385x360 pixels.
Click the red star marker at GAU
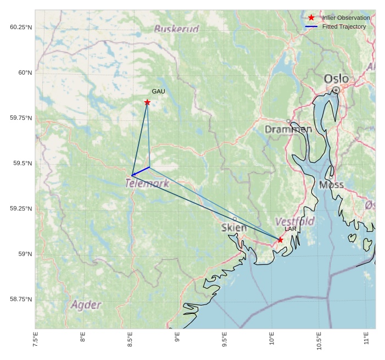[x=147, y=102]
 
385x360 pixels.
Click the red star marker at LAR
[x=280, y=240]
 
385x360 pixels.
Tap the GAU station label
[x=158, y=91]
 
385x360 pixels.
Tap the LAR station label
[x=291, y=229]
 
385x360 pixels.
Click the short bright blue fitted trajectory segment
[x=141, y=171]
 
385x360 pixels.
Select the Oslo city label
[x=336, y=79]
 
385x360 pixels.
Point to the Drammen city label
[x=288, y=130]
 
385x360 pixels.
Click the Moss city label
[x=331, y=185]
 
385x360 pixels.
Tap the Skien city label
[x=234, y=228]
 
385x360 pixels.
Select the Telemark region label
[x=147, y=184]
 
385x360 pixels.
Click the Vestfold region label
[x=294, y=221]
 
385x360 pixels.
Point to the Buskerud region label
[x=176, y=29]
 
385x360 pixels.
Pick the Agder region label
[x=86, y=304]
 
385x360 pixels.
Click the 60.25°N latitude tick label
[x=21, y=27]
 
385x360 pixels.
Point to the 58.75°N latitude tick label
[x=21, y=299]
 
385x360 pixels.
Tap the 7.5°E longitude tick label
[x=36, y=340]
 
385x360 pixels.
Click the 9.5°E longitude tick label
[x=225, y=340]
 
